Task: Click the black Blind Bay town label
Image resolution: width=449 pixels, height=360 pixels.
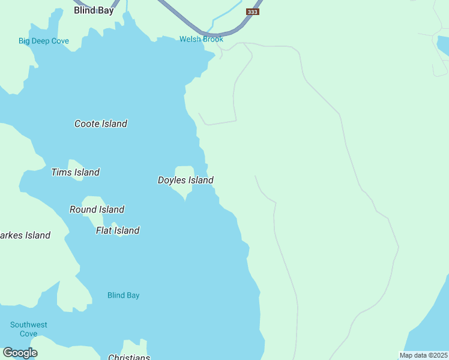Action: [x=94, y=10]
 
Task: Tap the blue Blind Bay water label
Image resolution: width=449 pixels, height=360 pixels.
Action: [x=123, y=295]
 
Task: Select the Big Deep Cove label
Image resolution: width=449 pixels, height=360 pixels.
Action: [x=44, y=41]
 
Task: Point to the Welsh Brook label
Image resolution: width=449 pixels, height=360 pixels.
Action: [x=201, y=39]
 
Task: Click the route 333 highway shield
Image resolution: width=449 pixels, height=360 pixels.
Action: [x=253, y=12]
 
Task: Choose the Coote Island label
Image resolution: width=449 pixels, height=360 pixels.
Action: [x=101, y=124]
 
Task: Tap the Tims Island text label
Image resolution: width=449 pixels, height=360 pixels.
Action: [x=76, y=172]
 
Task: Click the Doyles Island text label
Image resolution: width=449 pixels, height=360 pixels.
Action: [x=185, y=180]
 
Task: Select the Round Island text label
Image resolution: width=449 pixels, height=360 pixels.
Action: [x=97, y=209]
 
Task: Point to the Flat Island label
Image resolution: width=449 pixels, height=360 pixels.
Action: [x=118, y=230]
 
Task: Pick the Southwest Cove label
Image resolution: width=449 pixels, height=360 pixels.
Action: [x=29, y=329]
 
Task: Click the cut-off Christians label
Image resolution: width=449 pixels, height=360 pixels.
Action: [x=129, y=357]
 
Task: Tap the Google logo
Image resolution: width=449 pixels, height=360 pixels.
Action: [x=20, y=353]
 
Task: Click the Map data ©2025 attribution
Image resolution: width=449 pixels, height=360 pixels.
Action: [x=423, y=355]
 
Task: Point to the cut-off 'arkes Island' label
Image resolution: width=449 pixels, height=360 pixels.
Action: [x=25, y=235]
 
